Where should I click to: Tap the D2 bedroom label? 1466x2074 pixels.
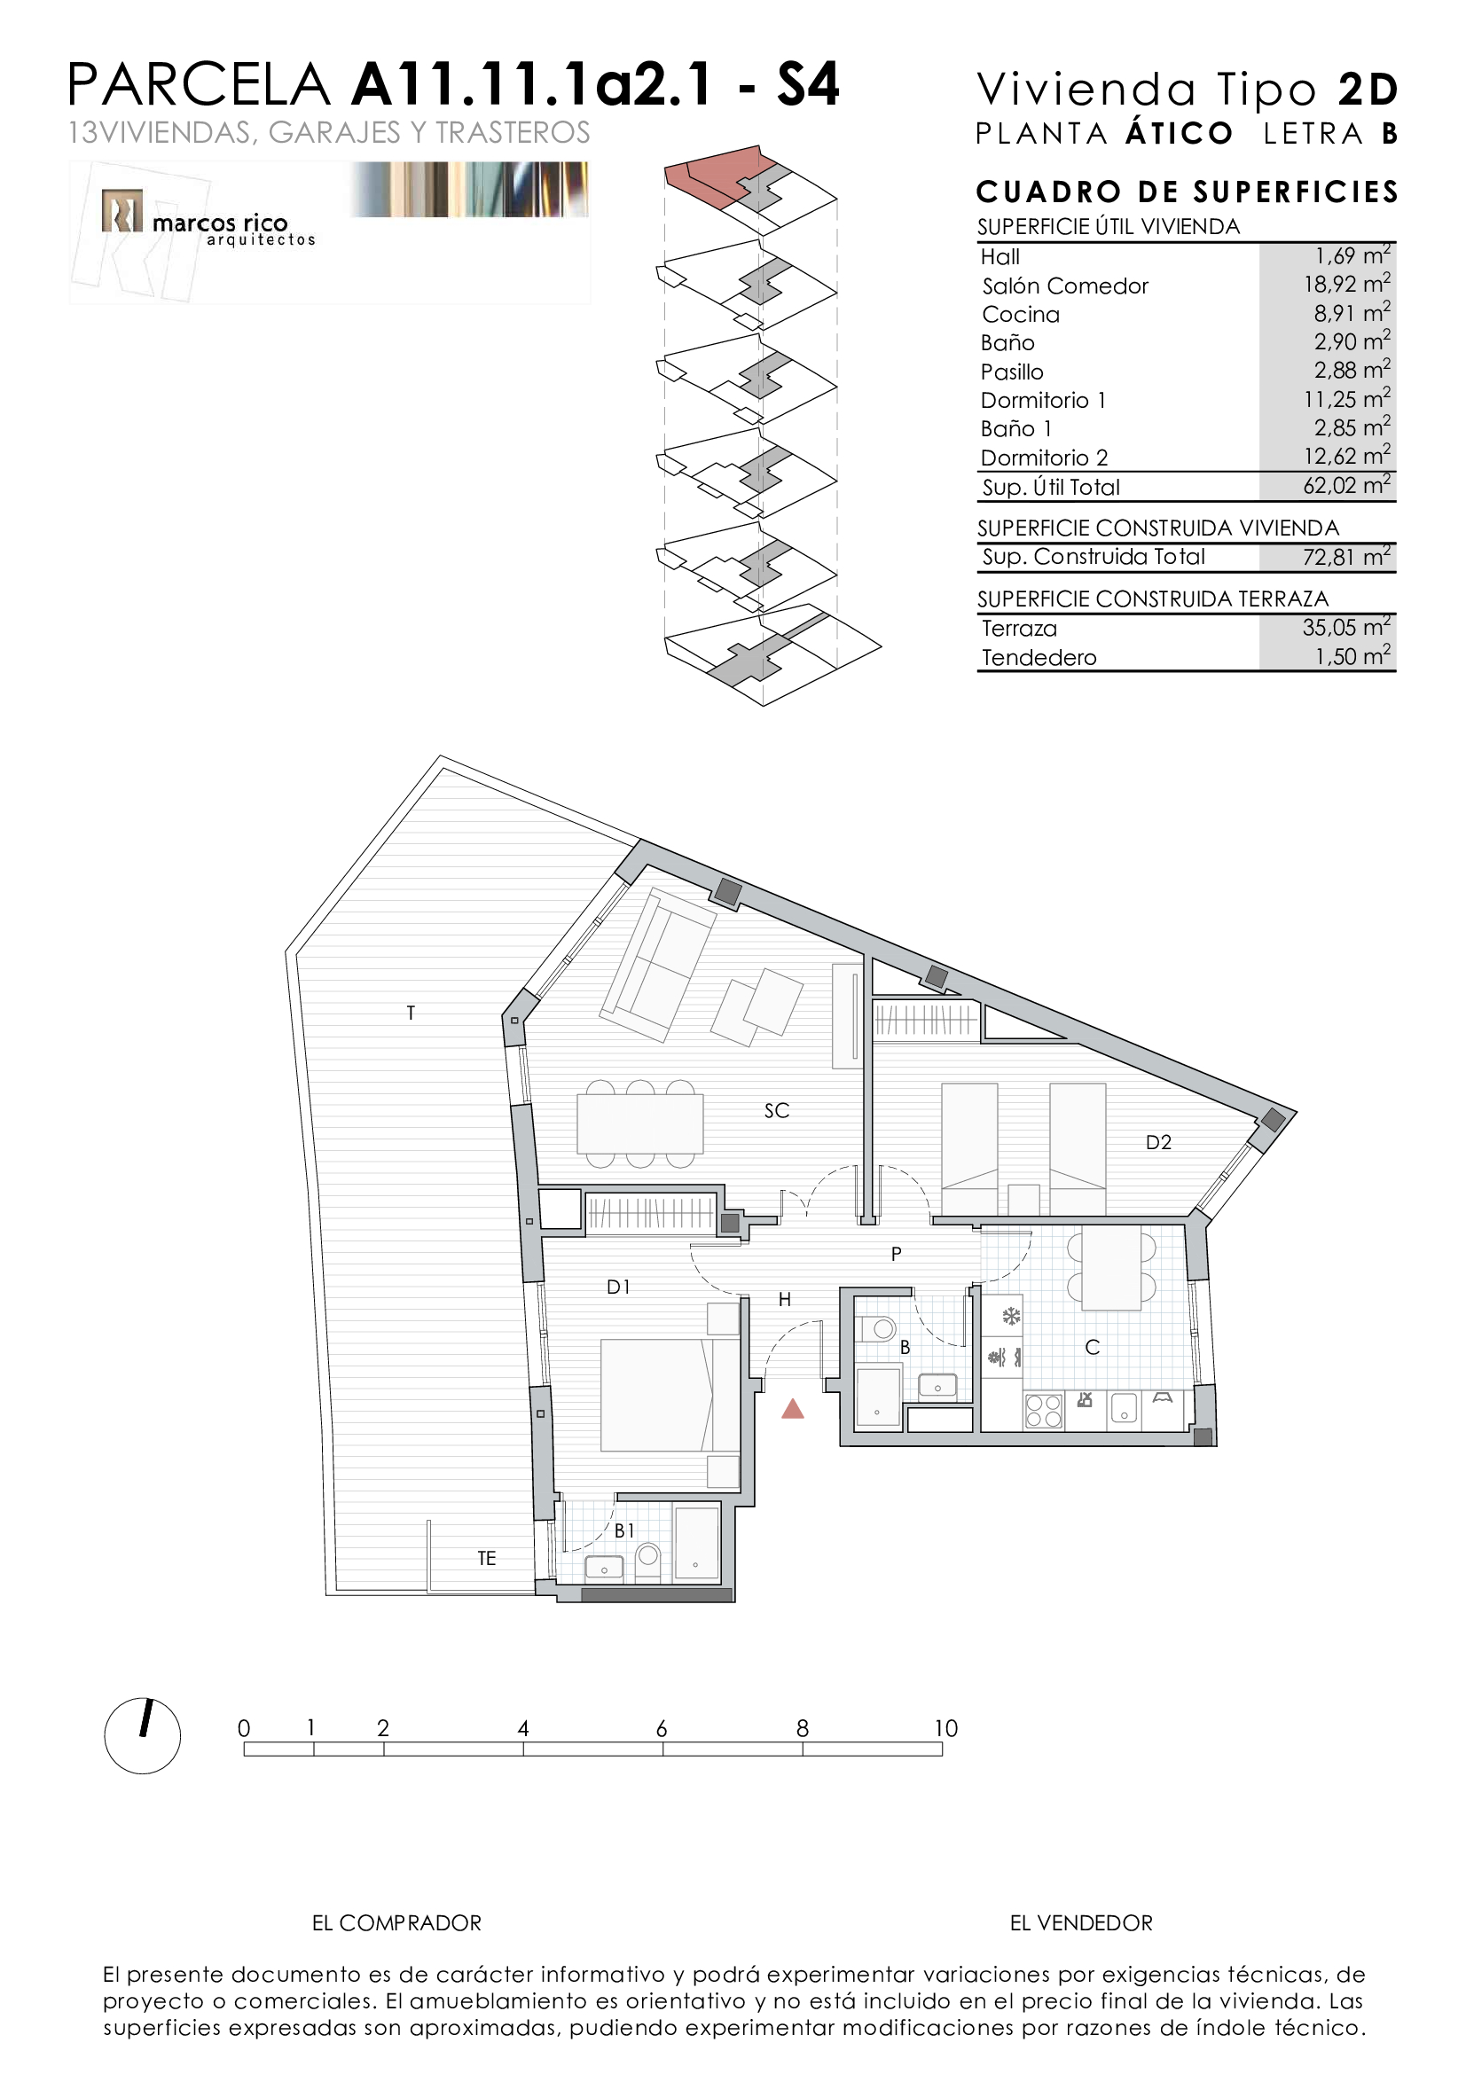[x=1158, y=1142]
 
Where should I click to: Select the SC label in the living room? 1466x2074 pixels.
[x=777, y=1110]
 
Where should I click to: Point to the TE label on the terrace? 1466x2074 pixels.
[x=487, y=1558]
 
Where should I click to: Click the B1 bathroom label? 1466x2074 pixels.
[x=624, y=1530]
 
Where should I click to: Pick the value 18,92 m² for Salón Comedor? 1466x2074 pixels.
[x=1346, y=284]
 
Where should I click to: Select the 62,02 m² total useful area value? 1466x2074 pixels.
[x=1346, y=485]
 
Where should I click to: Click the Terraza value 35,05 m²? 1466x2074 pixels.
[x=1346, y=627]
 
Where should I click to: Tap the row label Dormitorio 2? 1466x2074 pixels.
[x=1044, y=458]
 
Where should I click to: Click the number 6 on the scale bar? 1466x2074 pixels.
[x=662, y=1728]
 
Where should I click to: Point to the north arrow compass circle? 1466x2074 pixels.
[x=143, y=1736]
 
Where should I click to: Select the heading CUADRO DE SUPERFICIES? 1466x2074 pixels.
[x=1187, y=192]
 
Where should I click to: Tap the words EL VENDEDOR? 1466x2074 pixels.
[x=1081, y=1923]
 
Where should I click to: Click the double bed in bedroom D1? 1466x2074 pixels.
[x=670, y=1395]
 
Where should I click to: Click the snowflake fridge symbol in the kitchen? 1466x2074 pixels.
[x=1012, y=1316]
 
